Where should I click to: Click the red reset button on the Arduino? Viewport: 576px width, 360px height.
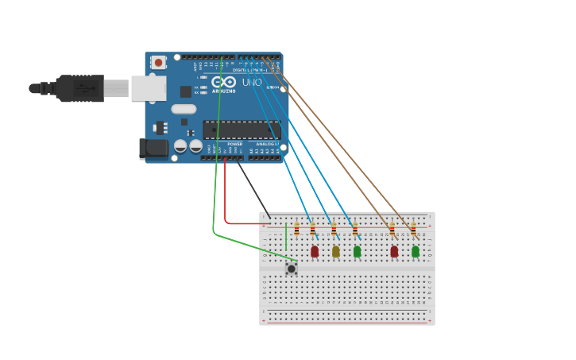click(158, 62)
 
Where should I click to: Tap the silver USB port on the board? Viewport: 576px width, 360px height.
click(148, 88)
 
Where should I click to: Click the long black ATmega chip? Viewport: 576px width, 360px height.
click(241, 130)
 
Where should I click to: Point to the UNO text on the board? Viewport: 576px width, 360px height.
click(252, 83)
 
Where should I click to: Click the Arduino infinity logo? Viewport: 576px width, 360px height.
click(223, 82)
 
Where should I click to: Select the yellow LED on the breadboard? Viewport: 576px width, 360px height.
click(335, 251)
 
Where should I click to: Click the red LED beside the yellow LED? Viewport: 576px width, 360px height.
click(315, 251)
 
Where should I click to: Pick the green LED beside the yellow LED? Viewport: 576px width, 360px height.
click(357, 251)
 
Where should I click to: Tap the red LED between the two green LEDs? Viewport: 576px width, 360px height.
click(394, 251)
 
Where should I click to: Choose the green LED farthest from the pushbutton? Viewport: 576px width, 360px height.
click(415, 251)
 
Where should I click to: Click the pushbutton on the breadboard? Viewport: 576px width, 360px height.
click(292, 269)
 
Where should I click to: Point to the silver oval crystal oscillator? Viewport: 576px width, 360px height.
click(184, 110)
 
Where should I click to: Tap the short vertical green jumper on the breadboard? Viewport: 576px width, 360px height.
click(286, 236)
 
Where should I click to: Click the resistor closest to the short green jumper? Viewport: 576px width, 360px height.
click(296, 230)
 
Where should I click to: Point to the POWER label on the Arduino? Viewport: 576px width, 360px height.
click(235, 144)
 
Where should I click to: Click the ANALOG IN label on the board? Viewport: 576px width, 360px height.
click(265, 144)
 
